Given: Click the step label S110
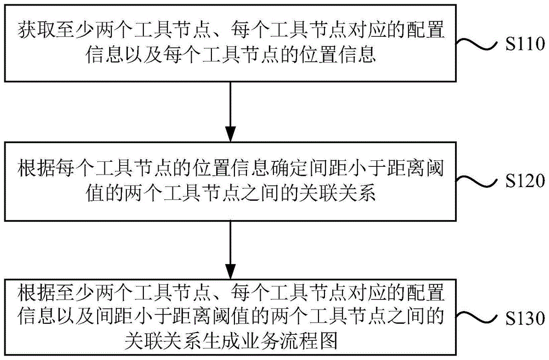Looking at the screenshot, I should pos(524,46).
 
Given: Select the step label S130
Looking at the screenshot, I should pos(524,318).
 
